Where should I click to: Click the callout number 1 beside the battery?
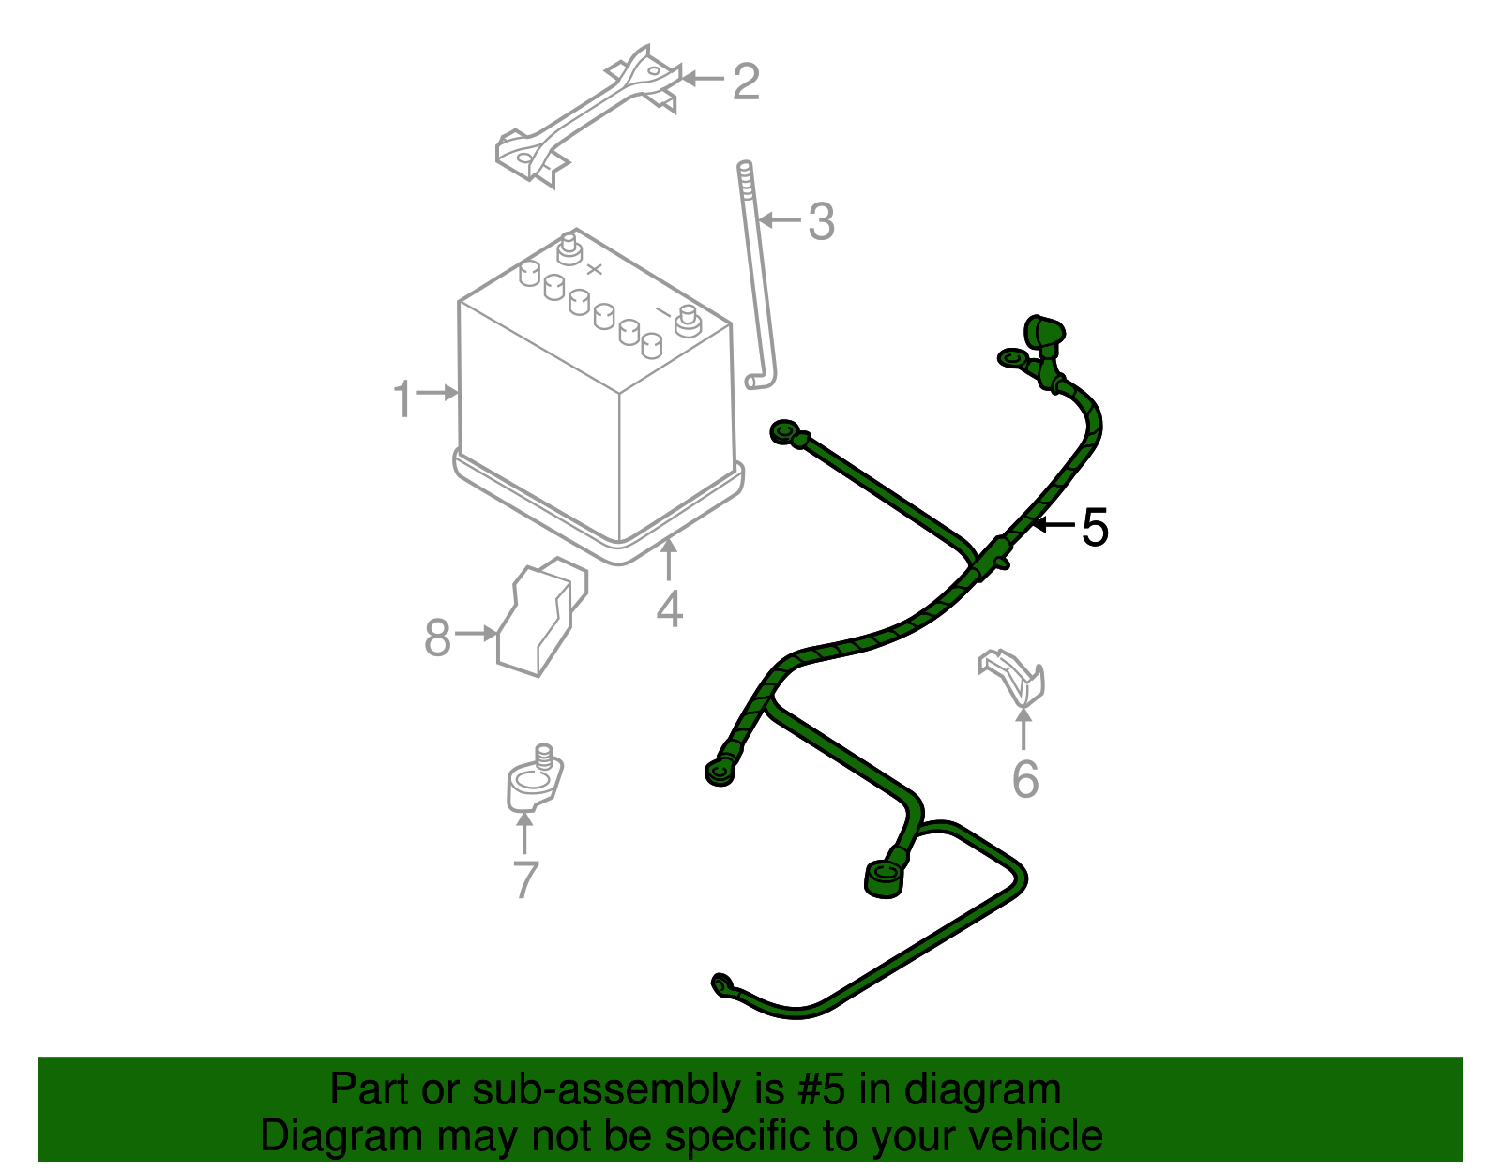click(402, 399)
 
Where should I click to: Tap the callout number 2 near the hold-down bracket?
click(745, 82)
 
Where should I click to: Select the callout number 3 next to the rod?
click(821, 222)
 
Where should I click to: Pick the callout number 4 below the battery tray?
click(669, 609)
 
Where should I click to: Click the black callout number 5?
click(1095, 528)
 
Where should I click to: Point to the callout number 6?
click(1024, 779)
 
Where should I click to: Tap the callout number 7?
click(525, 879)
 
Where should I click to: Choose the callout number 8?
click(437, 638)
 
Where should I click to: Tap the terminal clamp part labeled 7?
click(534, 782)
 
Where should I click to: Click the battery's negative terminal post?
click(688, 319)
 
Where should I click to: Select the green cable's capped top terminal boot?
click(1044, 334)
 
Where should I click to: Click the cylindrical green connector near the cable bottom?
click(882, 878)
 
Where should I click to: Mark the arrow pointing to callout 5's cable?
click(1051, 525)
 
